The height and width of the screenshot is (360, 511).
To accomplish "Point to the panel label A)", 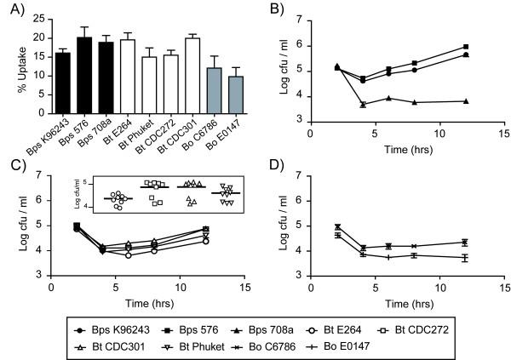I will [14, 10].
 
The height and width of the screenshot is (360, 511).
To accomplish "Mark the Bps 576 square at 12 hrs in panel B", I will [441, 47].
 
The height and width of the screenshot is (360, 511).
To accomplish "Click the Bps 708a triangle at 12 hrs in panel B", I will [441, 101].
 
